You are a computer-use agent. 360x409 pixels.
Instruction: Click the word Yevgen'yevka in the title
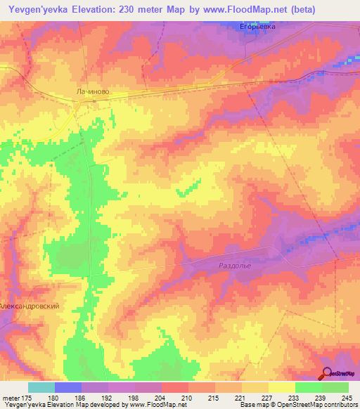coord(39,10)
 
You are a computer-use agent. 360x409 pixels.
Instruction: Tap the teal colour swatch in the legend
coord(41,387)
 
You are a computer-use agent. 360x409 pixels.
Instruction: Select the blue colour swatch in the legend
coord(68,387)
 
